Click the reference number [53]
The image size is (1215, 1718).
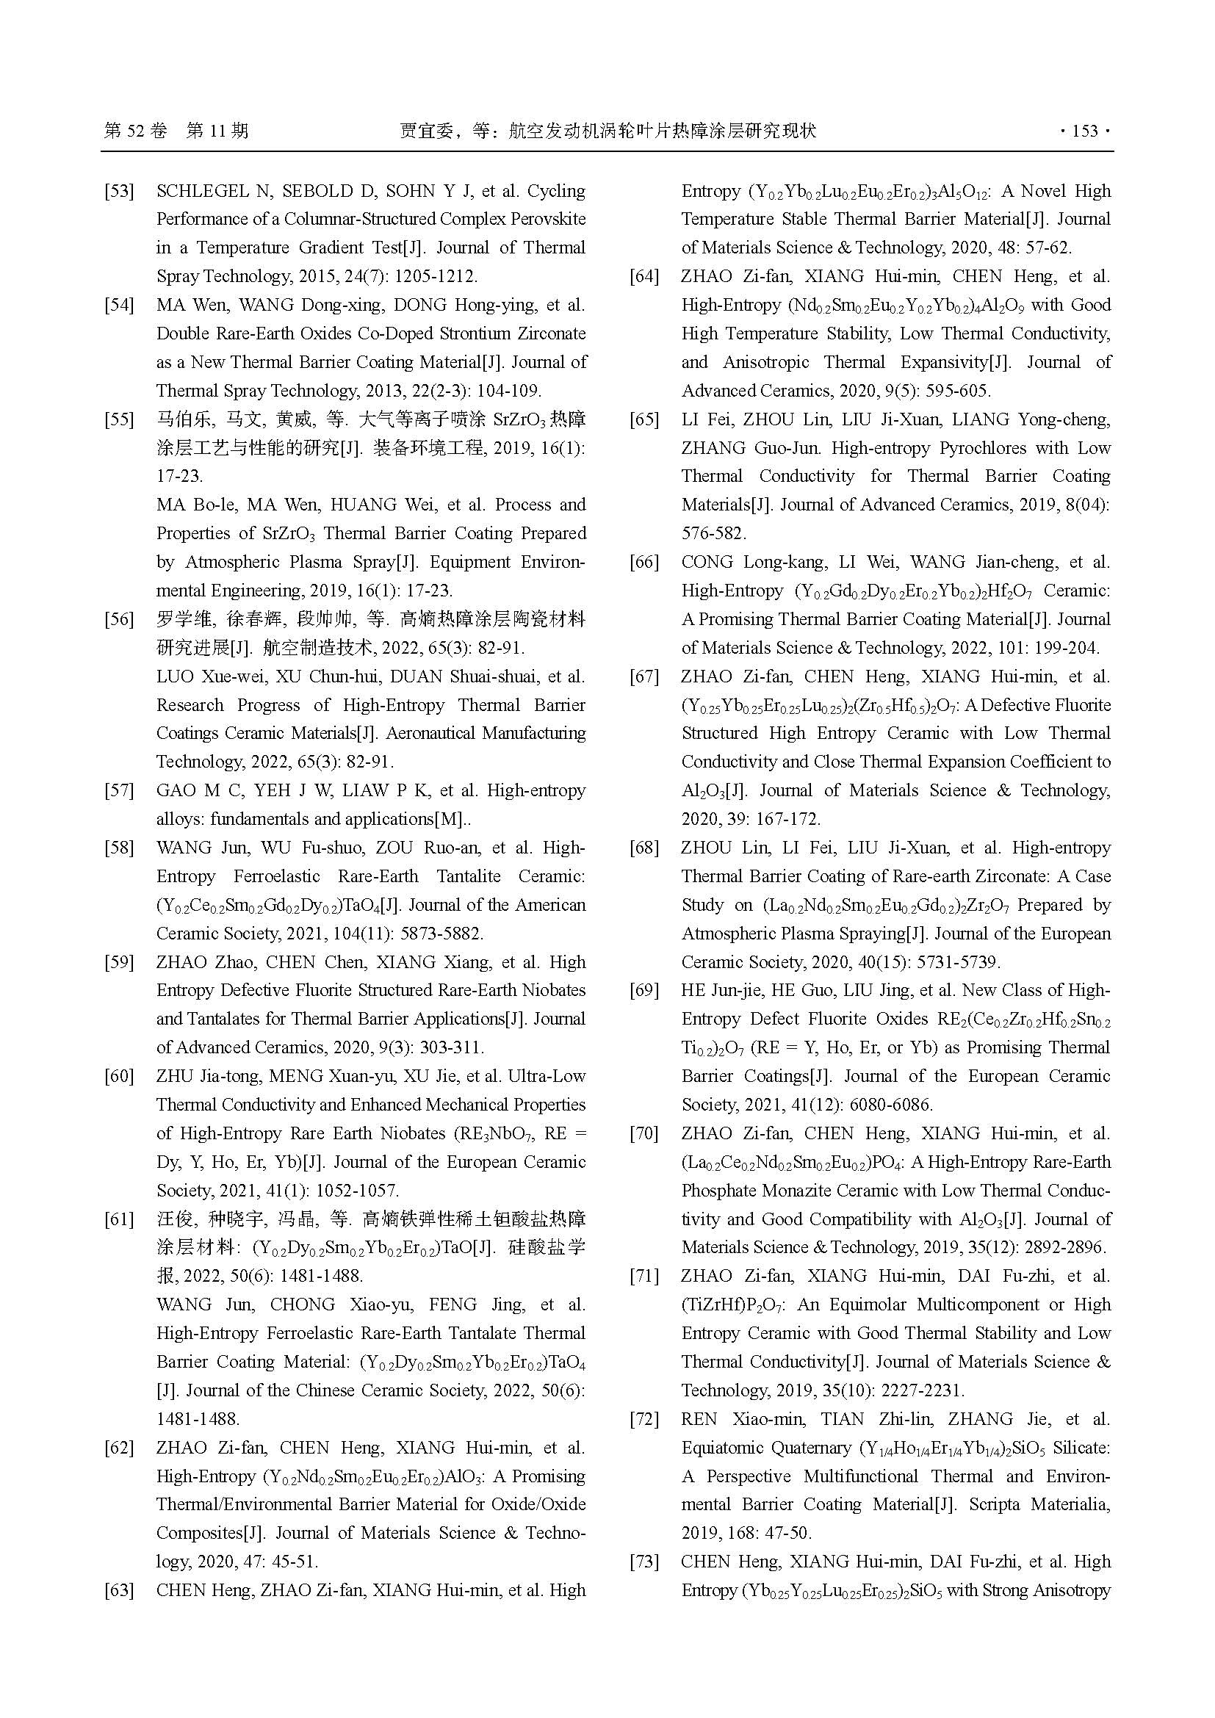click(x=119, y=192)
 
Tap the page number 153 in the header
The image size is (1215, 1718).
click(x=1085, y=131)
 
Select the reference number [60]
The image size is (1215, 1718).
click(x=119, y=1077)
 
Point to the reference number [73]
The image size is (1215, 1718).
click(x=644, y=1562)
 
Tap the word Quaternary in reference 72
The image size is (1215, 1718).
click(x=812, y=1448)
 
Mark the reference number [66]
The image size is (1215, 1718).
click(x=644, y=563)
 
